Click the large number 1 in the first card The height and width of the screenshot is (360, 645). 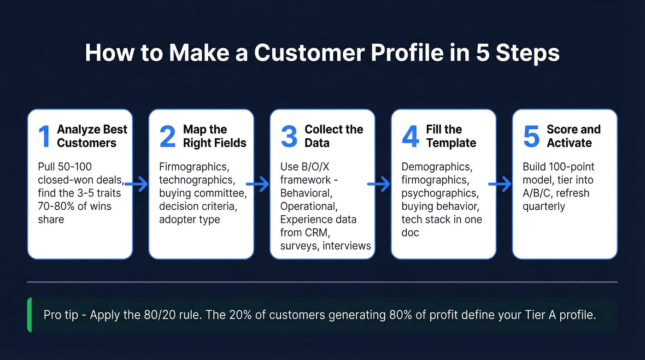[44, 136]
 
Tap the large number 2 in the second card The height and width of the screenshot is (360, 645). [167, 136]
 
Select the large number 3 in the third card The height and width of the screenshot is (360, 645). [289, 136]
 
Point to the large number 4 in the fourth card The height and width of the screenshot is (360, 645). [410, 136]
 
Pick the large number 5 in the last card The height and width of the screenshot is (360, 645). [531, 136]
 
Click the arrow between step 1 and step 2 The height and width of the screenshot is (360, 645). [137, 185]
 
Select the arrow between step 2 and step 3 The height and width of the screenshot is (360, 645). [259, 185]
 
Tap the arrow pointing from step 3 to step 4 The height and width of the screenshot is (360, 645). [380, 185]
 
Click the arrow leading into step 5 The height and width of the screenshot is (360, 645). [500, 185]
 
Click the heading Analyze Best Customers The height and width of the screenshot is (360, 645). [92, 136]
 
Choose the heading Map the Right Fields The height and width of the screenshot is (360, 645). [214, 136]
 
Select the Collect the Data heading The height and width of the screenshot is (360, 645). [334, 136]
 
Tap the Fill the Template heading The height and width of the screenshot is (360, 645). [451, 136]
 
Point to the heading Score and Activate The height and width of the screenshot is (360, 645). [573, 136]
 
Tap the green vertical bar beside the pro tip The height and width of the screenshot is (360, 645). [29, 315]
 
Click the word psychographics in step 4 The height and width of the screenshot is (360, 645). [439, 193]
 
